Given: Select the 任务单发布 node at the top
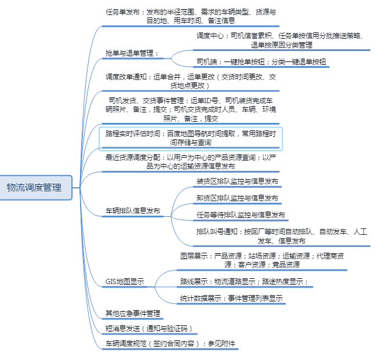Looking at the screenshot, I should (190, 16).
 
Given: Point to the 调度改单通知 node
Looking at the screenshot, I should (190, 81).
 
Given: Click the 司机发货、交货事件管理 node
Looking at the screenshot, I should (190, 109).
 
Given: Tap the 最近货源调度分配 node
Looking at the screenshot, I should (190, 161).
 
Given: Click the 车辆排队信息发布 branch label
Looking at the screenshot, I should (133, 210).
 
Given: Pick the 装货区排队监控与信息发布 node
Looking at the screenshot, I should (237, 181).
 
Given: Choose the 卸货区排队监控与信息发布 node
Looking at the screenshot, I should (237, 198).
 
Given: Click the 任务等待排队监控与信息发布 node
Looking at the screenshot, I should (241, 215).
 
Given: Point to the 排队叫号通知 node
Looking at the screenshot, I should (281, 236).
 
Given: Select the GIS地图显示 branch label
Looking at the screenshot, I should (125, 282).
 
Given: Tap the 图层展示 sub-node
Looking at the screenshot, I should (263, 260).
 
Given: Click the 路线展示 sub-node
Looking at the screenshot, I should (244, 282).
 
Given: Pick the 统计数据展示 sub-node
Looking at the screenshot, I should (231, 299).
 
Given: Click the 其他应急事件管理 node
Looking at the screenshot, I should (132, 314).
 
